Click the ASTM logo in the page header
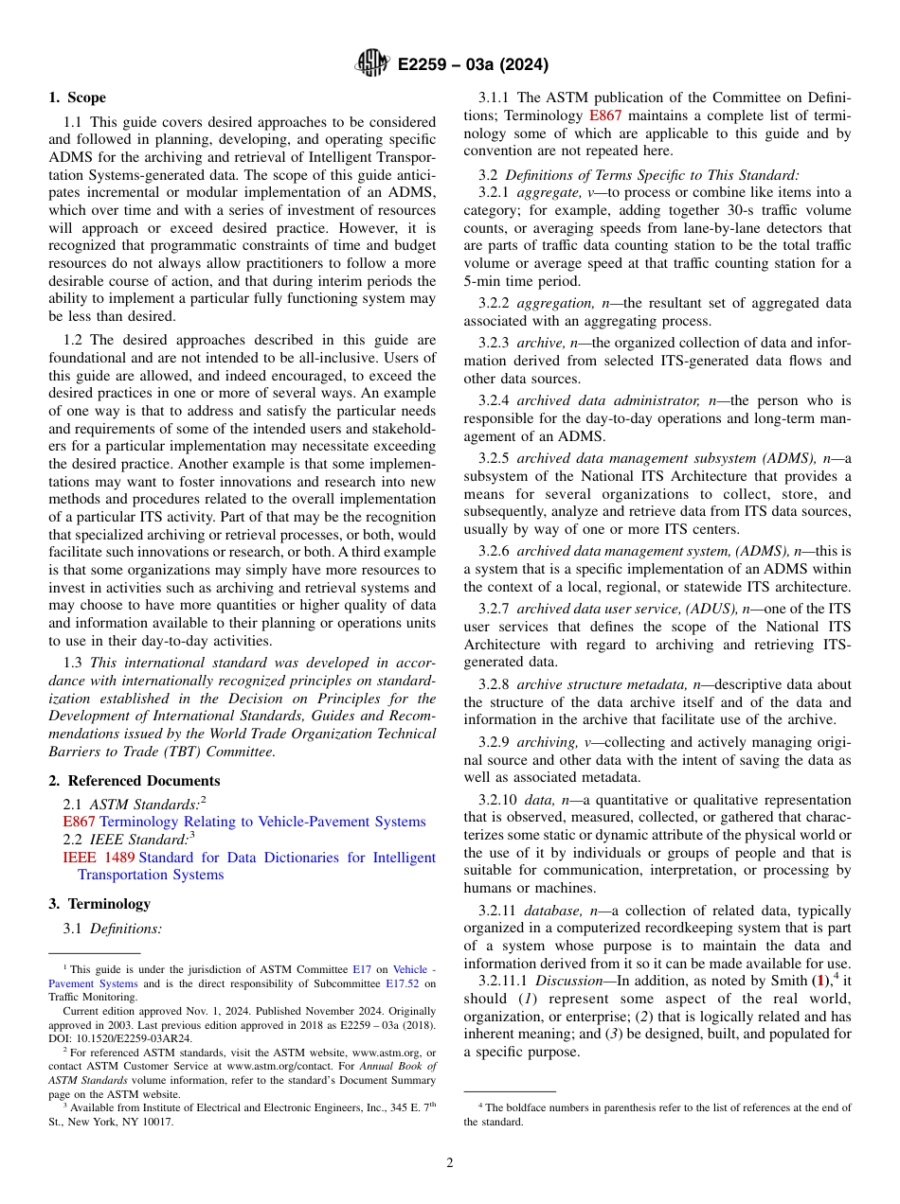pyautogui.click(x=371, y=64)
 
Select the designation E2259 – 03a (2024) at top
pyautogui.click(x=473, y=65)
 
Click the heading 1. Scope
pyautogui.click(x=77, y=97)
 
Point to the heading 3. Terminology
pyautogui.click(x=99, y=903)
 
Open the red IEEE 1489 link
pyautogui.click(x=99, y=858)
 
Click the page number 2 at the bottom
pyautogui.click(x=450, y=1162)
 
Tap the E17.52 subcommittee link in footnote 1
pyautogui.click(x=403, y=983)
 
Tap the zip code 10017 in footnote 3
pyautogui.click(x=157, y=1122)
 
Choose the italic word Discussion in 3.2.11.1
pyautogui.click(x=568, y=981)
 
